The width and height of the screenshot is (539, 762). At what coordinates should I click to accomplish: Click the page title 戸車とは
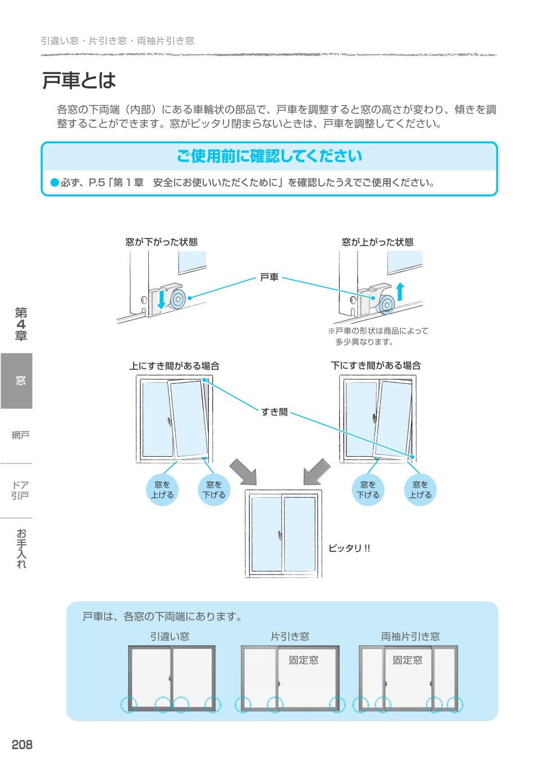click(79, 81)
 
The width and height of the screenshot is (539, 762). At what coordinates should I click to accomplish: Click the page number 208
click(22, 745)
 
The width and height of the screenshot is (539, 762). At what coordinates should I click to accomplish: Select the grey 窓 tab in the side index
click(17, 381)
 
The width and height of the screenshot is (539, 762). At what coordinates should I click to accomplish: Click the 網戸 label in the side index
click(20, 435)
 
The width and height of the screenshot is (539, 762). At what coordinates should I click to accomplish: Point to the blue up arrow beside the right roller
click(400, 292)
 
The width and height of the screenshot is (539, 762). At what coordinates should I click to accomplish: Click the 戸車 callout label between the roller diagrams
click(269, 277)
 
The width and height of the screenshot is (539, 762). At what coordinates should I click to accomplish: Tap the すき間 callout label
click(274, 412)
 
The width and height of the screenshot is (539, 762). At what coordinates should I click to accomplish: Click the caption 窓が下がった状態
click(161, 242)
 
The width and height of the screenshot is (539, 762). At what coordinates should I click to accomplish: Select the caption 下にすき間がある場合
click(376, 366)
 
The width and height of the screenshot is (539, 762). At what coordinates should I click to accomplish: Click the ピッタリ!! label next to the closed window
click(349, 548)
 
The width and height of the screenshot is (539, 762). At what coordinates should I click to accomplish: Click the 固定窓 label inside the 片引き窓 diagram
click(303, 660)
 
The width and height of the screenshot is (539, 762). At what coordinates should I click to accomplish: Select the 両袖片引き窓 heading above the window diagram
click(410, 636)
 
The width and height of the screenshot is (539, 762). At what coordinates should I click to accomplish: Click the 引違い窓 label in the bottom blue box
click(169, 636)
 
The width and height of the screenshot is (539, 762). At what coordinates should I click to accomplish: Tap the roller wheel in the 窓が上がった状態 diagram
click(386, 304)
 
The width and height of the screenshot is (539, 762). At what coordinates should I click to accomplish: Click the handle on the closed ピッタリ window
click(279, 535)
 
